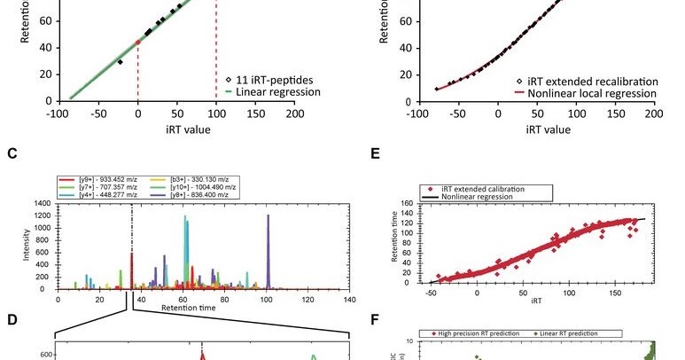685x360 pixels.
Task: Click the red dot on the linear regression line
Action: click(137, 42)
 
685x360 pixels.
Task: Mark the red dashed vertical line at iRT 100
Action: click(216, 53)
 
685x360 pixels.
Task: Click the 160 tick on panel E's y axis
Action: click(409, 204)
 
